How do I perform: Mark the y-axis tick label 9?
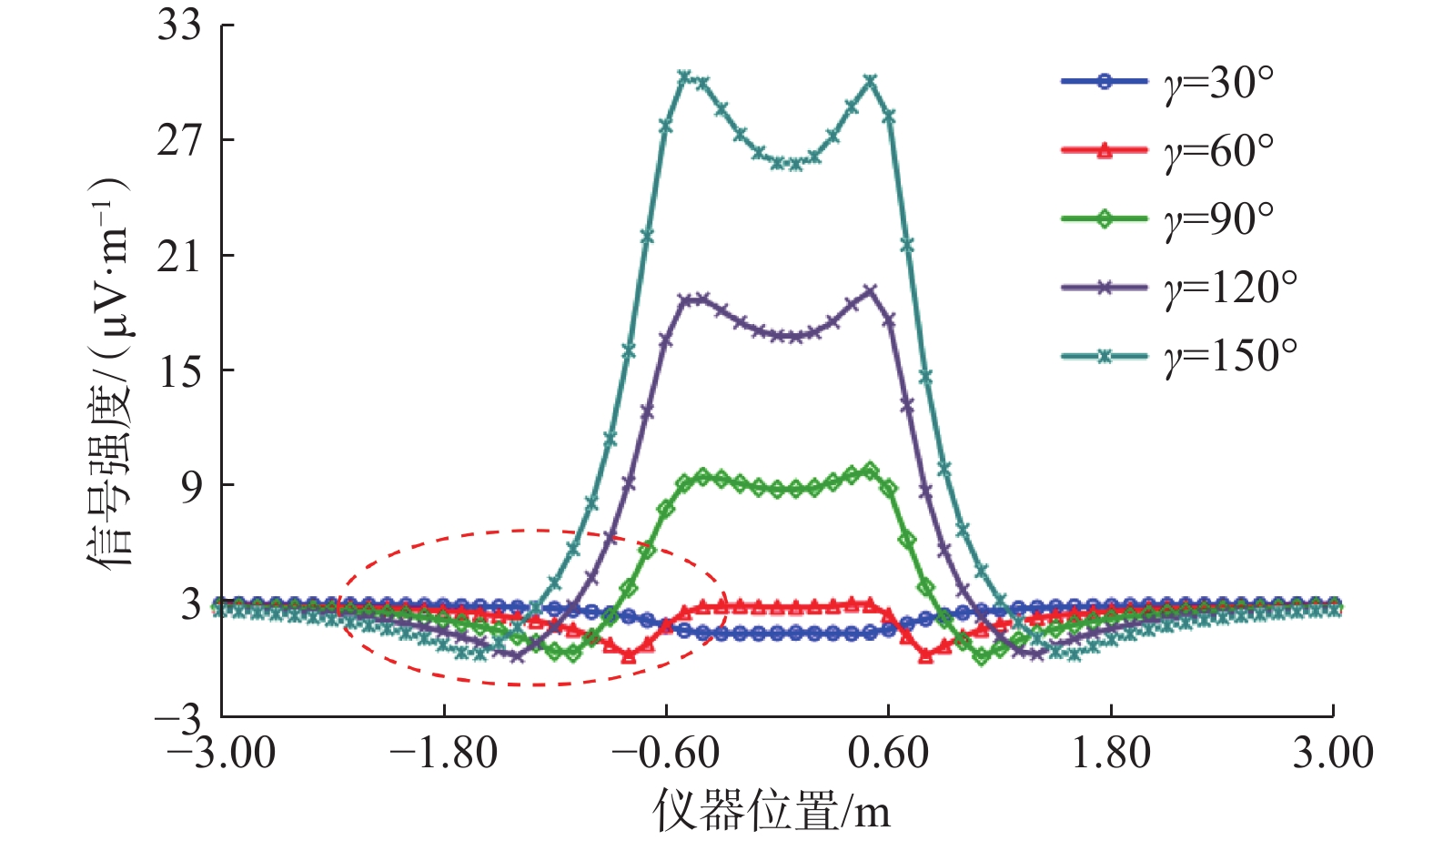coord(189,486)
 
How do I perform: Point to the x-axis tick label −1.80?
coord(444,754)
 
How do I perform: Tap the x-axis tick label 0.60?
coord(888,754)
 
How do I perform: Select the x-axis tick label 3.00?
coord(1333,754)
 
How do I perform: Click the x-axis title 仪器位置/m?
coord(772,810)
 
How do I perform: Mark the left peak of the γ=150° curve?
coord(685,76)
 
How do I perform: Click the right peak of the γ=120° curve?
coord(870,291)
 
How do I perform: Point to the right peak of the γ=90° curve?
coord(870,471)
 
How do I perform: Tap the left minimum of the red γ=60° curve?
coord(629,655)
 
